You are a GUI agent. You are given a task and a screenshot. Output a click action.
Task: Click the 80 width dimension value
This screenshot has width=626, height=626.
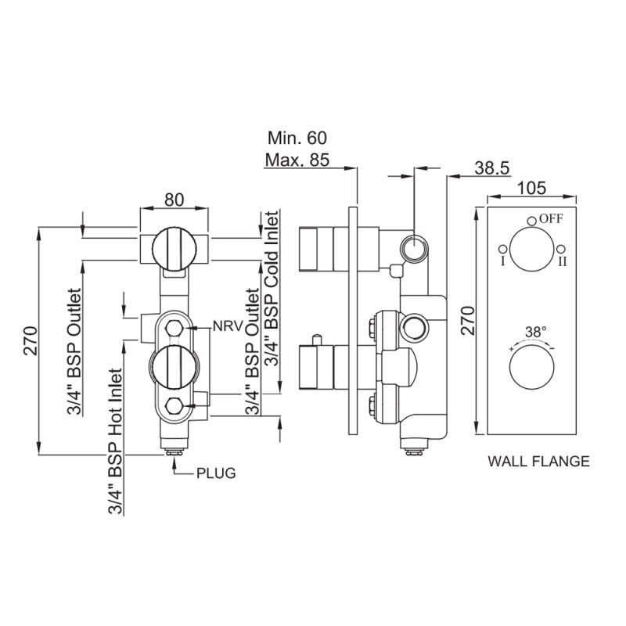[173, 200]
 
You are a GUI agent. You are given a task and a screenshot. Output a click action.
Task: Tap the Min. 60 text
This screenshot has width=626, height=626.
[297, 139]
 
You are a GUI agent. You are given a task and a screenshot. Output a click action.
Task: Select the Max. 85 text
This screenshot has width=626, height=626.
[297, 162]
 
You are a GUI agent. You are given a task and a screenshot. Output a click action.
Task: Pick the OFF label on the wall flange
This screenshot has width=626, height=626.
[550, 219]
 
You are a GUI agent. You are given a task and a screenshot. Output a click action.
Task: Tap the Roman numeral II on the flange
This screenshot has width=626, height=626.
[562, 261]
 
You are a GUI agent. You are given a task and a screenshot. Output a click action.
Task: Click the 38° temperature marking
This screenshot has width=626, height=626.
[534, 332]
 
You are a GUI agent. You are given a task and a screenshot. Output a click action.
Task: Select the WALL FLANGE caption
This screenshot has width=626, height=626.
[538, 461]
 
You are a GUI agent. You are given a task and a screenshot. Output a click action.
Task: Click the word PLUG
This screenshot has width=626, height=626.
[215, 473]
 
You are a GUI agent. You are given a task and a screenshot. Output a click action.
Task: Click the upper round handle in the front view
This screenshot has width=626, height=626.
[173, 248]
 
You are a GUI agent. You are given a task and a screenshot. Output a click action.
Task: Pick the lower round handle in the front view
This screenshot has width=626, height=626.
[173, 368]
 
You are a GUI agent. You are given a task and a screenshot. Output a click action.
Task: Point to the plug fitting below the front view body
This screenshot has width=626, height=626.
[173, 449]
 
